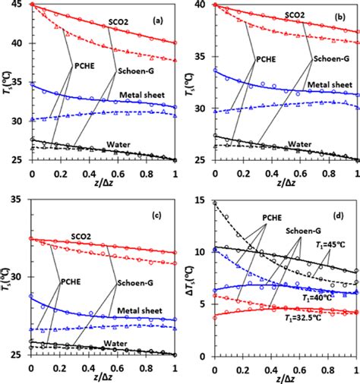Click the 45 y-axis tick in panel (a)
click(18, 5)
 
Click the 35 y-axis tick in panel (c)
click(18, 200)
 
